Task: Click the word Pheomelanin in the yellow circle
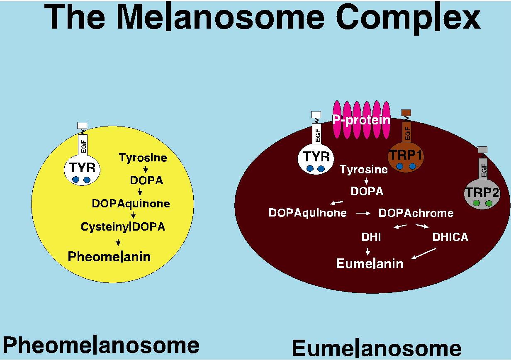click(109, 257)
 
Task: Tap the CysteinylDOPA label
click(123, 227)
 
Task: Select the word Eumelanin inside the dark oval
click(370, 263)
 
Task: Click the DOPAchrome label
click(416, 213)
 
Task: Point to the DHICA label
click(450, 237)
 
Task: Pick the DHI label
click(371, 237)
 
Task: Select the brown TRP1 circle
click(406, 159)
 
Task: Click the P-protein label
click(361, 120)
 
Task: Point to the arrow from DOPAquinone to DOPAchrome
click(363, 213)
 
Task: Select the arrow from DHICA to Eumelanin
click(423, 253)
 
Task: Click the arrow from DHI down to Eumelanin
click(367, 251)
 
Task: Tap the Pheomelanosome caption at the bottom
click(101, 345)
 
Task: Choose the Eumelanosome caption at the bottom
click(377, 348)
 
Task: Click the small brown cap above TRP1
click(406, 112)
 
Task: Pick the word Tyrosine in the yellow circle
click(143, 158)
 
